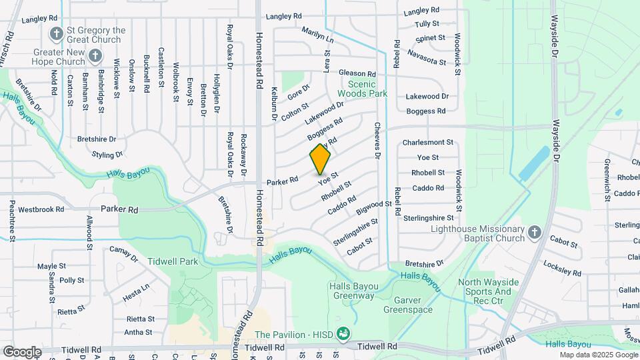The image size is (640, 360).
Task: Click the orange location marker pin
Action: click(320, 159)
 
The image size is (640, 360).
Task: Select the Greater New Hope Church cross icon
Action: click(95, 56)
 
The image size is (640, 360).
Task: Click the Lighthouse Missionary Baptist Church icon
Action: click(533, 233)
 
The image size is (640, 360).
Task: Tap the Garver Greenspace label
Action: click(408, 305)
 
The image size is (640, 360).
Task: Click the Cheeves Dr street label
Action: click(377, 140)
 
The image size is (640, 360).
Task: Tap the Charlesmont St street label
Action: click(427, 143)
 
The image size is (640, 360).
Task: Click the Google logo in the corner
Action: click(22, 351)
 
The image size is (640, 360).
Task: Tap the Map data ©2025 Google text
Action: click(598, 355)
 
